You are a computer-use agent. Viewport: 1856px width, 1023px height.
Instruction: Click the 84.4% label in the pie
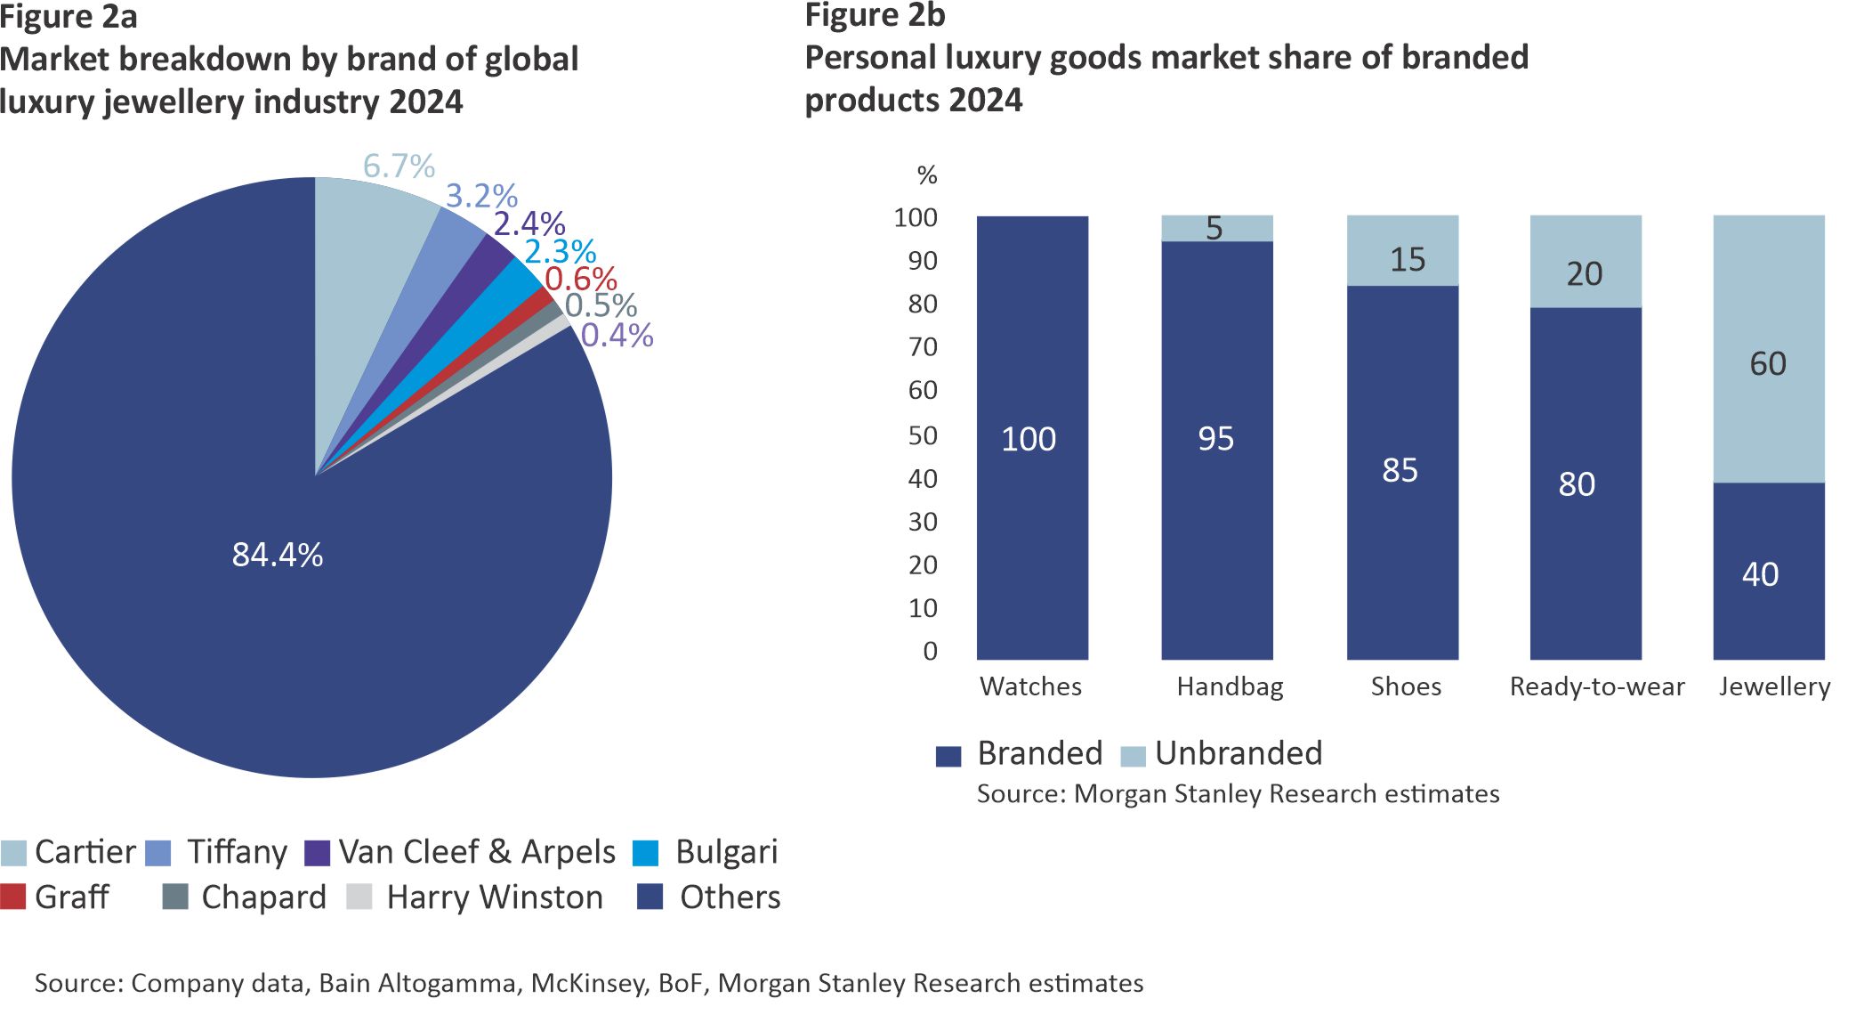point(277,555)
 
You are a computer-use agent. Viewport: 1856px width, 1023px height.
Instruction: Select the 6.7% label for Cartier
point(399,166)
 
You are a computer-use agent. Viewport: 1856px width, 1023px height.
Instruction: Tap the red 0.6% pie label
point(580,279)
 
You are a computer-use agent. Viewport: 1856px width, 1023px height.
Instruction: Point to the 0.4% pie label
point(617,336)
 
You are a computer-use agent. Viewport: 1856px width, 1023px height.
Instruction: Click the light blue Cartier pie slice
point(365,231)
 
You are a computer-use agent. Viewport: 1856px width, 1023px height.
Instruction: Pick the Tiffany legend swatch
point(157,853)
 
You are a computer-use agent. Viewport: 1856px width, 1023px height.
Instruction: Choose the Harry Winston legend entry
point(494,897)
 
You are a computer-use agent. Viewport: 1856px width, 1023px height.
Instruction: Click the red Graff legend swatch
point(13,897)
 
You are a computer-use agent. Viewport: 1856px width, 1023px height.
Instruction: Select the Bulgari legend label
point(726,852)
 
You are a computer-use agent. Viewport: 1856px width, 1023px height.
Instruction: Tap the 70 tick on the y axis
point(923,347)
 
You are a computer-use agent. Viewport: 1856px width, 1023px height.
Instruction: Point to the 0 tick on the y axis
point(930,652)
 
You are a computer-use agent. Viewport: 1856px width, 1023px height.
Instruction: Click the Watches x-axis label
point(1030,686)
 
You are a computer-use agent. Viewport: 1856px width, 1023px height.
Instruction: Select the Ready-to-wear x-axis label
point(1596,686)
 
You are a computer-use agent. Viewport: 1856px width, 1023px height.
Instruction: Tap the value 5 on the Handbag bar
point(1214,229)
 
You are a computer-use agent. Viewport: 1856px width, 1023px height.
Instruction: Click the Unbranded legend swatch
point(1133,756)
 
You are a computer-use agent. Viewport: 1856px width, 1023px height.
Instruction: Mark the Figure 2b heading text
point(875,15)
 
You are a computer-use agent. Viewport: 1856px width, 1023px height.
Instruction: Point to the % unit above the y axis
point(927,175)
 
